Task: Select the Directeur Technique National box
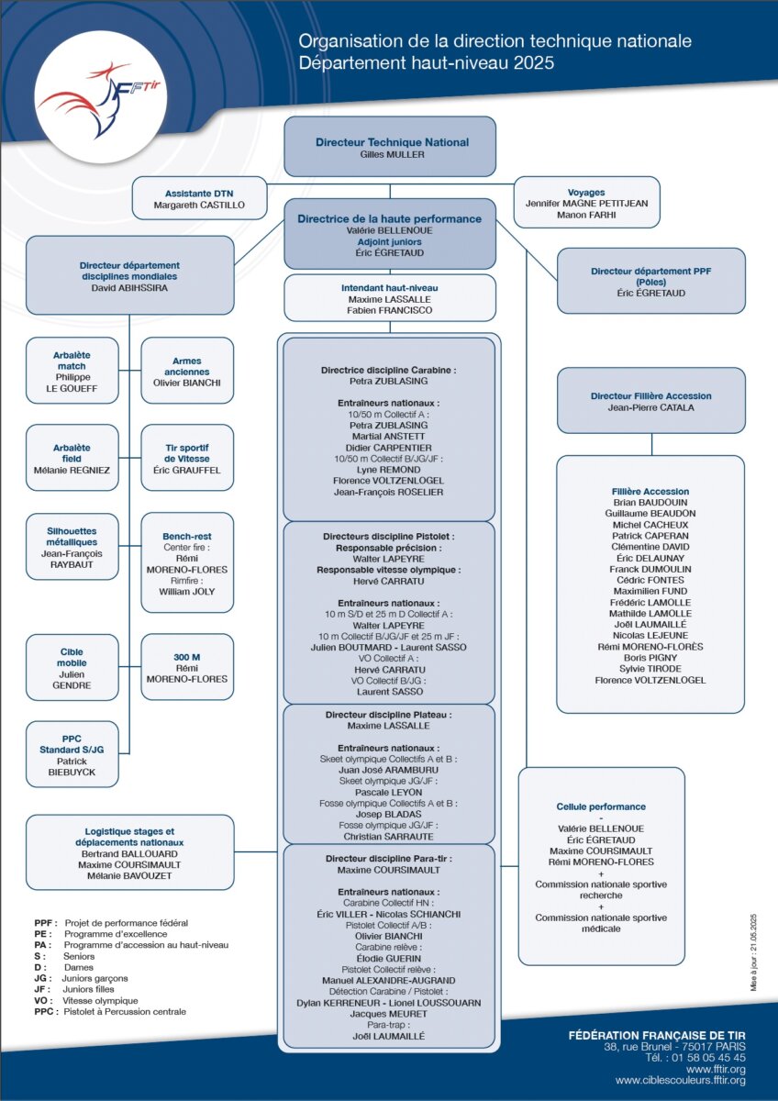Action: pos(390,147)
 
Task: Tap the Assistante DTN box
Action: pos(199,198)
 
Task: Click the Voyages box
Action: pos(586,203)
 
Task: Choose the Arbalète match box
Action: pos(72,371)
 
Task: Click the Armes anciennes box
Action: pos(187,371)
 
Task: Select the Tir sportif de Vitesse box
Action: pos(187,458)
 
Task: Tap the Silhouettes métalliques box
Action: pos(72,547)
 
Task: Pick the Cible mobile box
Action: pos(72,668)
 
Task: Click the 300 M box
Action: pos(187,667)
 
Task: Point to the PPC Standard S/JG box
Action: pos(72,754)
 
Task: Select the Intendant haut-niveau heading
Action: pos(390,288)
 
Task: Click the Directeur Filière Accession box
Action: pos(651,401)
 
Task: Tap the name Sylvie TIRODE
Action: pos(650,669)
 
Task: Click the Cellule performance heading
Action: pos(601,806)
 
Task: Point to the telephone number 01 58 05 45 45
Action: pos(708,1058)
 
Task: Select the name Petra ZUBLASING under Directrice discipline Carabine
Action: pos(389,381)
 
